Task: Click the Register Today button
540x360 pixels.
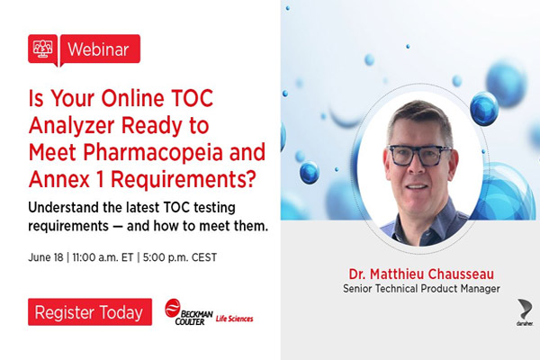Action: (x=88, y=313)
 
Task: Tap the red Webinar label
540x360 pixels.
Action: (x=100, y=49)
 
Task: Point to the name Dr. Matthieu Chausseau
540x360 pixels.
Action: (x=422, y=272)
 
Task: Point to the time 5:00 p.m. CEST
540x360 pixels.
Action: (x=183, y=256)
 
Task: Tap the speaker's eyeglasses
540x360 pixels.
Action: (x=419, y=153)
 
